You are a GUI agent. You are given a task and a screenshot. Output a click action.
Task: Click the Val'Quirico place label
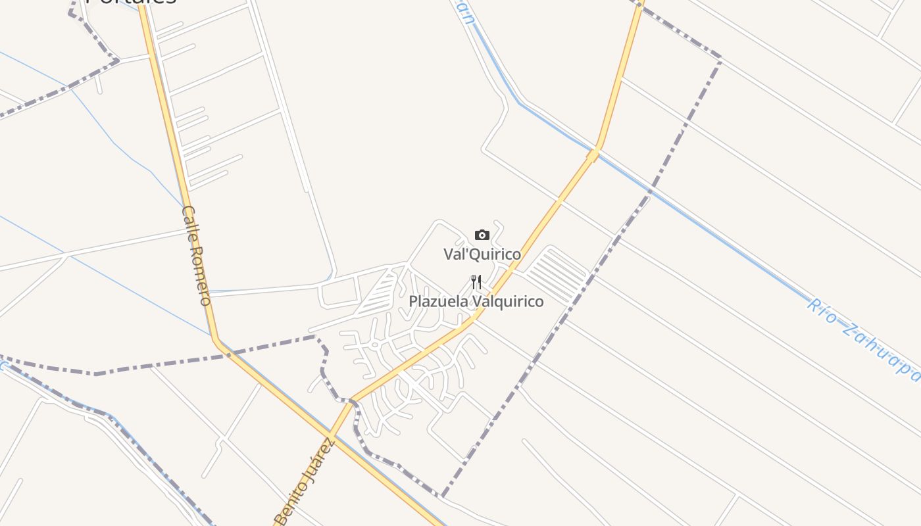click(x=482, y=254)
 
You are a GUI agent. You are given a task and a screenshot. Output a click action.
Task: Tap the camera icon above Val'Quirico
click(x=482, y=235)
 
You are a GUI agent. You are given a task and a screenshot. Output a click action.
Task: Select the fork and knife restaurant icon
click(x=476, y=282)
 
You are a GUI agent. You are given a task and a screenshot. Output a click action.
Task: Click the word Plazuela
click(x=437, y=302)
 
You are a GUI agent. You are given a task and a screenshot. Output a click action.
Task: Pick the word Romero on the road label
click(x=200, y=276)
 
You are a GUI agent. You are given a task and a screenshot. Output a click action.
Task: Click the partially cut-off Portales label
click(x=132, y=3)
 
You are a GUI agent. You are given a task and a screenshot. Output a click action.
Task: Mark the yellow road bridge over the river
click(x=593, y=155)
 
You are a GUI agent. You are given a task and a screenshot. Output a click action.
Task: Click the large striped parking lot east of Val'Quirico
click(x=557, y=274)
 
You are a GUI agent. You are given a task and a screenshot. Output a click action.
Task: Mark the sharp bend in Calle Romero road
click(x=216, y=339)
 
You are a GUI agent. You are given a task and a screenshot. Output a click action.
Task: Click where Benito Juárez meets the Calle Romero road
click(x=332, y=435)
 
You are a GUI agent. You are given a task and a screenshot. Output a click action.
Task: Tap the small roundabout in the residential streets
click(x=374, y=343)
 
